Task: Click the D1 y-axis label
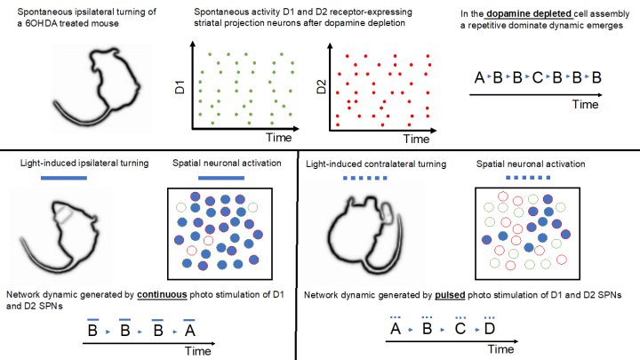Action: click(178, 89)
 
